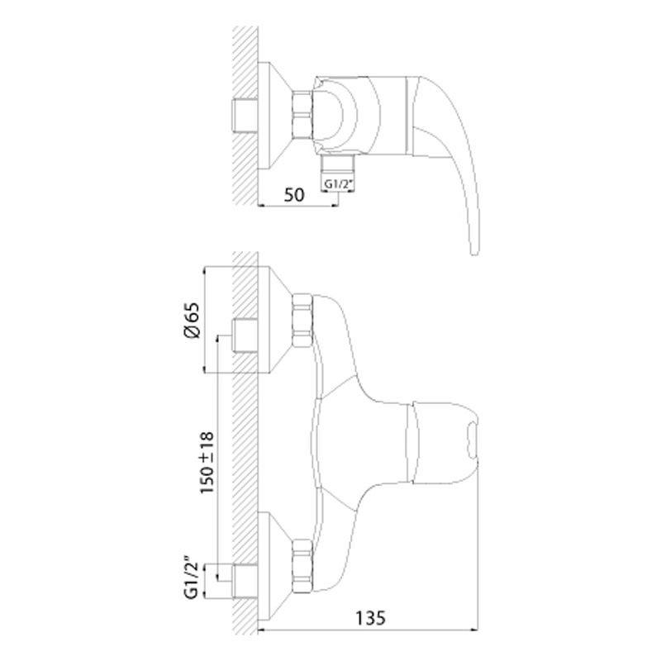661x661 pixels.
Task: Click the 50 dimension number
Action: tap(294, 195)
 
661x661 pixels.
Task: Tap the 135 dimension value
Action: tap(370, 618)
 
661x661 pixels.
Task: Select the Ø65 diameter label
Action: tap(192, 320)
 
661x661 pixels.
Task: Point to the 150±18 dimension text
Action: tap(207, 463)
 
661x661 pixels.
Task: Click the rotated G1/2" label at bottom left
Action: tap(191, 579)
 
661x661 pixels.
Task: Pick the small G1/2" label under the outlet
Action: tap(337, 184)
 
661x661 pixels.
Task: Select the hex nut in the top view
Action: tap(302, 115)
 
